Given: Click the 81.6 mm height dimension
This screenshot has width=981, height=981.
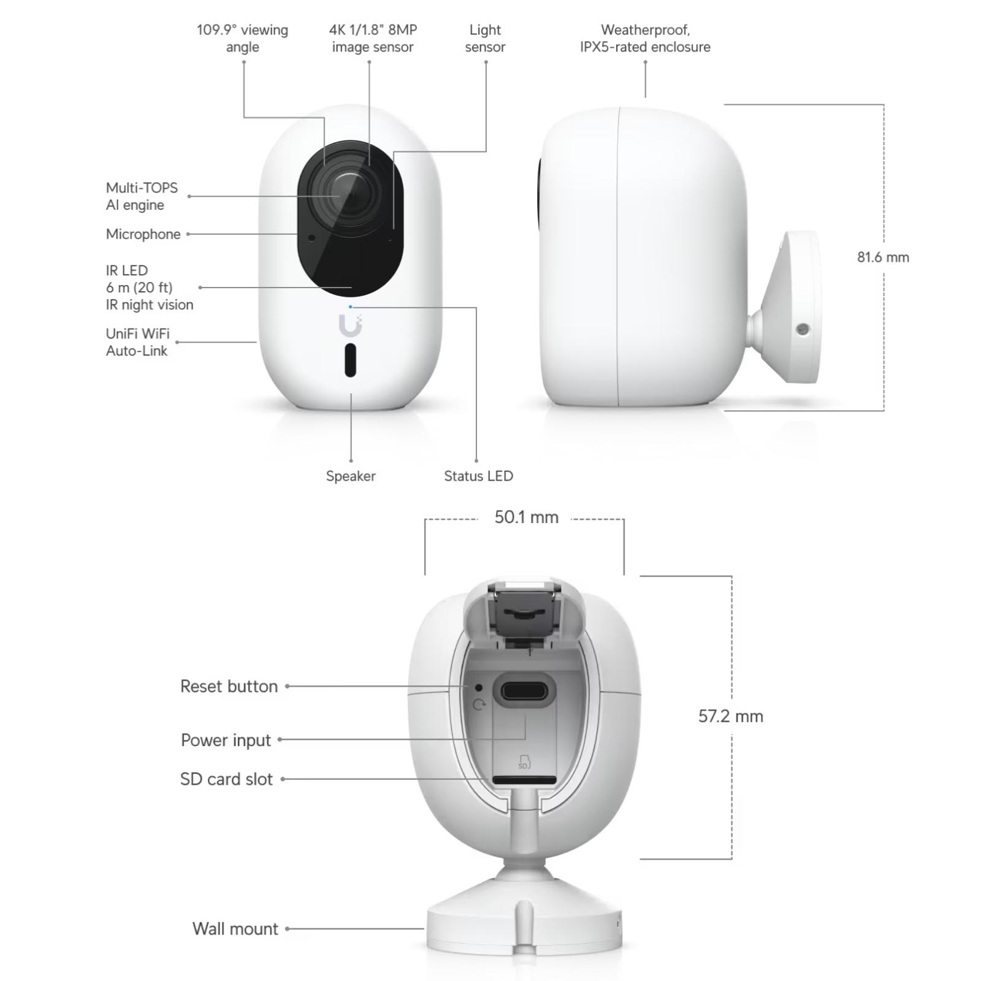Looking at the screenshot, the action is (x=883, y=257).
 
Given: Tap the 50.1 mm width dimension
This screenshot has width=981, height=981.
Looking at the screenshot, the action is (x=527, y=517).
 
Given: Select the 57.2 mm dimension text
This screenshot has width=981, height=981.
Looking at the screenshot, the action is (x=731, y=716).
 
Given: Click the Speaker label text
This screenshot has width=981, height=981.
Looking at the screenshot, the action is (x=351, y=476).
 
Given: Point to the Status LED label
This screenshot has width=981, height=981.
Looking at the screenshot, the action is (x=478, y=476).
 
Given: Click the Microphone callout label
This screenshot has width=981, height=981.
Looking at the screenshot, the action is (x=143, y=234).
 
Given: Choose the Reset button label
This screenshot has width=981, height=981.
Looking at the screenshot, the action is (x=229, y=686).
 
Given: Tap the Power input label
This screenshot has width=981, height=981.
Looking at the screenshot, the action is (x=226, y=740).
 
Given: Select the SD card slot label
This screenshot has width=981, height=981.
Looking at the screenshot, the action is (x=226, y=779).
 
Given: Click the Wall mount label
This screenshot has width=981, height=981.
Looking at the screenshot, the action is (x=235, y=929).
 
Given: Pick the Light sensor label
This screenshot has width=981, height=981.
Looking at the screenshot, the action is (x=485, y=38).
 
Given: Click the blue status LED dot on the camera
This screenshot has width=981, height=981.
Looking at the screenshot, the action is (x=350, y=307).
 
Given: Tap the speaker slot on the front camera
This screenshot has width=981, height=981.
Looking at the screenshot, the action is (x=350, y=360).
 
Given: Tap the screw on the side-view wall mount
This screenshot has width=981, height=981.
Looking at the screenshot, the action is (x=803, y=329).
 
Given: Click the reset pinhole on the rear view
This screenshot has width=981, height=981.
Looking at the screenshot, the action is (x=479, y=688).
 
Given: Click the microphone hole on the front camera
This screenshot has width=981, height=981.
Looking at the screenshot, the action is (x=311, y=238).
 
